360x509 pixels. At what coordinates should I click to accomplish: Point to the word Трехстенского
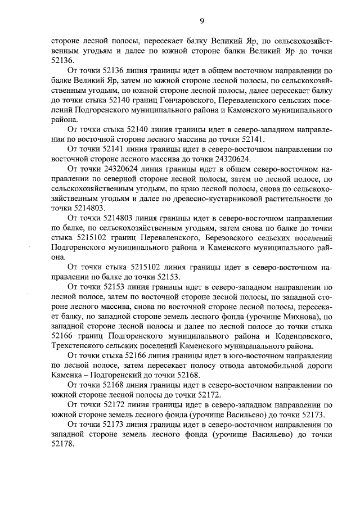click(77, 346)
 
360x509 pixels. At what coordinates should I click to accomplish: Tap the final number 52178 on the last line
click(62, 444)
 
